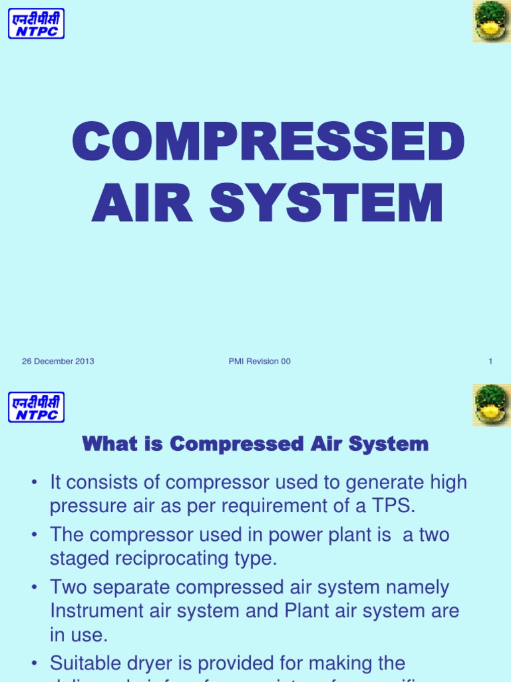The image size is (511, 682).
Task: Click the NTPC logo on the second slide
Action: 37,406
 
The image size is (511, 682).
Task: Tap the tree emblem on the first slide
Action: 492,21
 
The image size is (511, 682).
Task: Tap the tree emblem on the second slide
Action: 492,405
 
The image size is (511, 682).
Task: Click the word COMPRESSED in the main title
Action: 268,142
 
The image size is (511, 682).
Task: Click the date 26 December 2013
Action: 58,362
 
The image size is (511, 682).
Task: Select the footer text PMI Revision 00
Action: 259,362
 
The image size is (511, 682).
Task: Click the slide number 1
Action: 490,362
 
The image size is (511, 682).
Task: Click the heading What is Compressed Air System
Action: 255,444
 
